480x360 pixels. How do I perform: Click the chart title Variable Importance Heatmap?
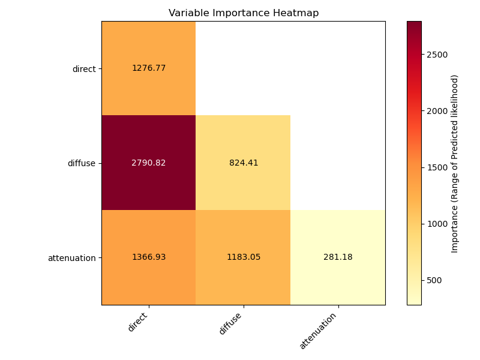click(x=244, y=13)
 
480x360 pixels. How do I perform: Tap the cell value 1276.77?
click(x=149, y=68)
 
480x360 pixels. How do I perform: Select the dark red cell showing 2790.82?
click(x=149, y=163)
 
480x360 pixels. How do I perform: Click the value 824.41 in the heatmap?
click(x=244, y=163)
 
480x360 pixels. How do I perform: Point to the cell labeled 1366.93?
click(x=149, y=257)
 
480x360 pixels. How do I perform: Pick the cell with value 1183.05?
click(x=244, y=257)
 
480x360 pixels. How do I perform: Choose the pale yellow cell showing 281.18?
click(x=338, y=257)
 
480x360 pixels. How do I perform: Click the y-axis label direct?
click(x=84, y=69)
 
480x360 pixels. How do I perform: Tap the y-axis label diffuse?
click(x=82, y=163)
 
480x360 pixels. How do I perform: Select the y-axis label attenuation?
click(x=72, y=258)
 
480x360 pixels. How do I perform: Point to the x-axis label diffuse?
click(x=232, y=323)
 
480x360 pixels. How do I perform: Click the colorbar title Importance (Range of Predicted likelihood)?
click(x=455, y=163)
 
